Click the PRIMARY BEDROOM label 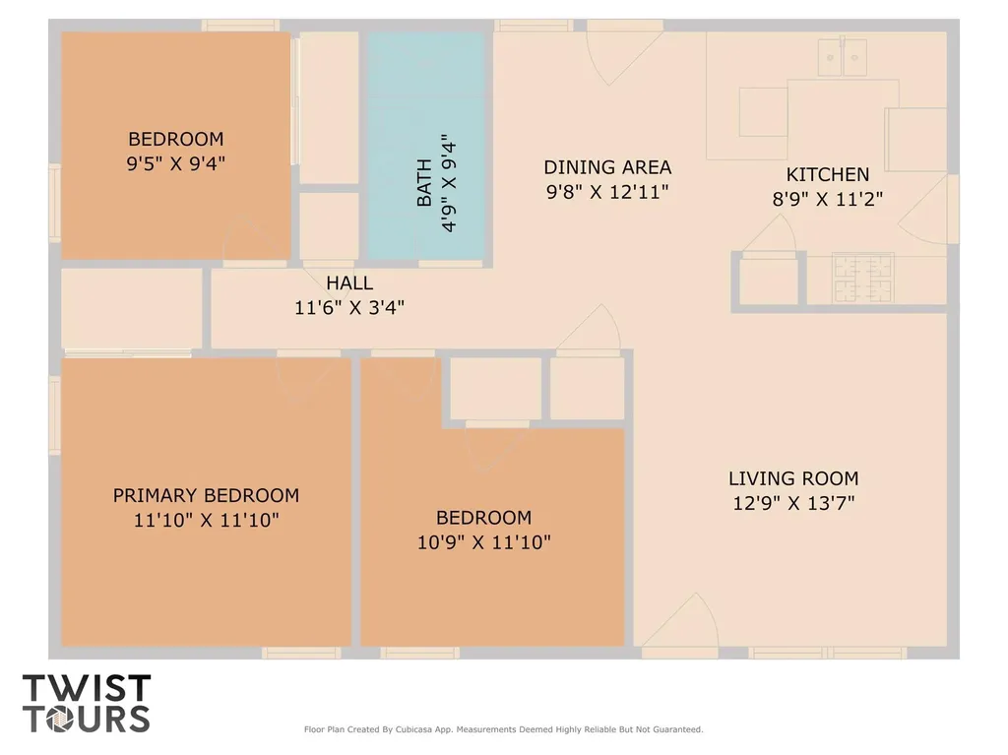coord(207,495)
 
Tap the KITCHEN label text coord(827,174)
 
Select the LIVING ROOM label coord(793,478)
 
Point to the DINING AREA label coord(607,167)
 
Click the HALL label coord(349,283)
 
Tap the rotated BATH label coord(424,183)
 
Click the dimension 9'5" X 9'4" coord(175,163)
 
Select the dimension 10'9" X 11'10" coord(484,542)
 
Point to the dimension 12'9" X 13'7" coord(794,503)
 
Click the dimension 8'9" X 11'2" coord(827,199)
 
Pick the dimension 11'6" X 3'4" coord(349,307)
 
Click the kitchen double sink coord(842,56)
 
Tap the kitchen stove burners coord(862,278)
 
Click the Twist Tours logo coord(87,703)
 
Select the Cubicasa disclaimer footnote coord(503,729)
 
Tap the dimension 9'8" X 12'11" coord(607,192)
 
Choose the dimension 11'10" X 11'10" coord(207,520)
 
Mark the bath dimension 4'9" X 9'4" coord(448,183)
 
